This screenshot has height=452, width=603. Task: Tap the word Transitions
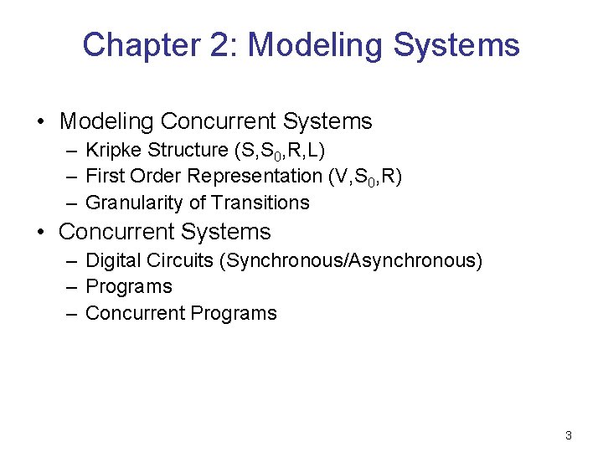[x=260, y=203]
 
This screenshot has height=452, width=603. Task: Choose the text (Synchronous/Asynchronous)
[x=351, y=260]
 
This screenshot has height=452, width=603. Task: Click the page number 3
[x=569, y=435]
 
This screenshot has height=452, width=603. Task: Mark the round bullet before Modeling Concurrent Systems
[x=41, y=122]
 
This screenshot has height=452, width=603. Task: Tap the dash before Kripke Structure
[x=71, y=151]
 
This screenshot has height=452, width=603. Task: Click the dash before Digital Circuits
[x=71, y=261]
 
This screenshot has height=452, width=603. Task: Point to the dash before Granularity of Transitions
[x=71, y=203]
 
